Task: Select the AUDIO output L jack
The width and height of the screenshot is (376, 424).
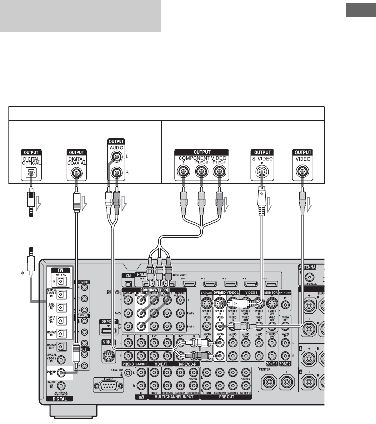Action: coord(116,157)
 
